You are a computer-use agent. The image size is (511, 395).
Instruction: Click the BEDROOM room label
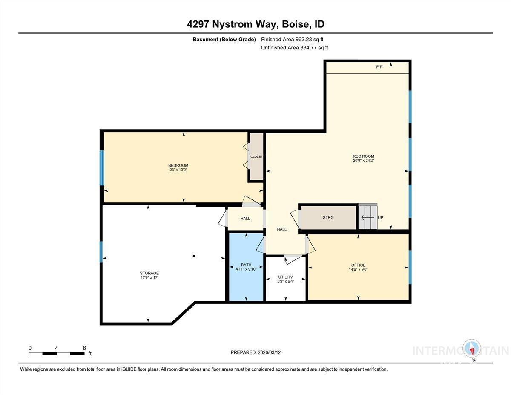[x=178, y=165]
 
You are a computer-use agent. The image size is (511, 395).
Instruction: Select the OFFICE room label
[x=358, y=265]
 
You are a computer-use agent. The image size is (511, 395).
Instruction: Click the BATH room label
[x=246, y=265]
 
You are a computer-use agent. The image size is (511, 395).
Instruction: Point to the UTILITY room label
[x=285, y=277]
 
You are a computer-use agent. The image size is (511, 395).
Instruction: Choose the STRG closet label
[x=328, y=218]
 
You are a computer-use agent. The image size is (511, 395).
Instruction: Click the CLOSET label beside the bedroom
[x=256, y=157]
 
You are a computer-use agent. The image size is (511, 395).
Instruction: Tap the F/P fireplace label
[x=379, y=67]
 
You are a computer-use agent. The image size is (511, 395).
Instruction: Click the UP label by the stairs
[x=381, y=218]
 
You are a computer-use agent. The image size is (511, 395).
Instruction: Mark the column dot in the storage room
[x=194, y=256]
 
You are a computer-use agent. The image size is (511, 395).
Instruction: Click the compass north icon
[x=472, y=349]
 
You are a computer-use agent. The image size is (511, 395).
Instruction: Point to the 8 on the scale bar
[x=84, y=348]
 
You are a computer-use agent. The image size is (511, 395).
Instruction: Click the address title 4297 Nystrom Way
[x=255, y=24]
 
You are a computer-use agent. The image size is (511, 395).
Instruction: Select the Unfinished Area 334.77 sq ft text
[x=294, y=48]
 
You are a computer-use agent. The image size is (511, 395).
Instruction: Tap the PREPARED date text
[x=255, y=352]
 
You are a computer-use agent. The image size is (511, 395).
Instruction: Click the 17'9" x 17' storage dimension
[x=149, y=278]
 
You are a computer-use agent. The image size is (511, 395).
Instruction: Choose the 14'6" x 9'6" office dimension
[x=358, y=270]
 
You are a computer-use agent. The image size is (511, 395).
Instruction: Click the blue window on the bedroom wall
[x=102, y=168]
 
